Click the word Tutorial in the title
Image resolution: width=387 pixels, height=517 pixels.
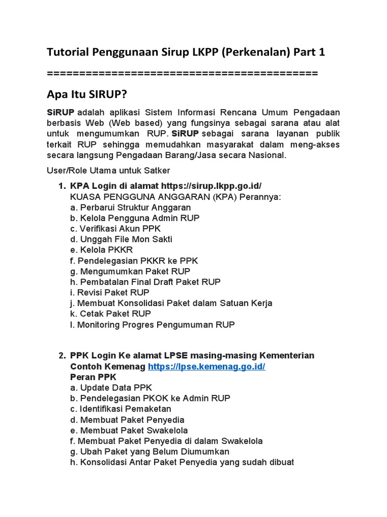[x=67, y=52]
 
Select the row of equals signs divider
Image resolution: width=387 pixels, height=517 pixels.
[x=182, y=73]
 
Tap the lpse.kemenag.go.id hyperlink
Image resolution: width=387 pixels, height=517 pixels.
[x=206, y=366]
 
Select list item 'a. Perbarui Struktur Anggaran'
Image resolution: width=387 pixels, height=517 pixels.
[x=131, y=208]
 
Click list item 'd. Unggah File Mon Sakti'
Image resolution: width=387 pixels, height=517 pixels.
[x=121, y=239]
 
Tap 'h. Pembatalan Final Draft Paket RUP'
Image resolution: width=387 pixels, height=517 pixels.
[x=145, y=282]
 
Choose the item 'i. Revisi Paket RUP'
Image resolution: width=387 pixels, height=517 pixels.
[x=110, y=292]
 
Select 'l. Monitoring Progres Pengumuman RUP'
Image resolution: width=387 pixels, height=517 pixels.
[x=152, y=325]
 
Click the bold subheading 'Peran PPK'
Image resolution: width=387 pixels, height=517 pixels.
[x=93, y=377]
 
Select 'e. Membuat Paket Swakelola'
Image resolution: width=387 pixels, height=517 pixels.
[x=129, y=430]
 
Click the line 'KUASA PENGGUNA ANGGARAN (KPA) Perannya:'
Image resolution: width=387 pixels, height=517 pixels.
[x=175, y=196]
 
